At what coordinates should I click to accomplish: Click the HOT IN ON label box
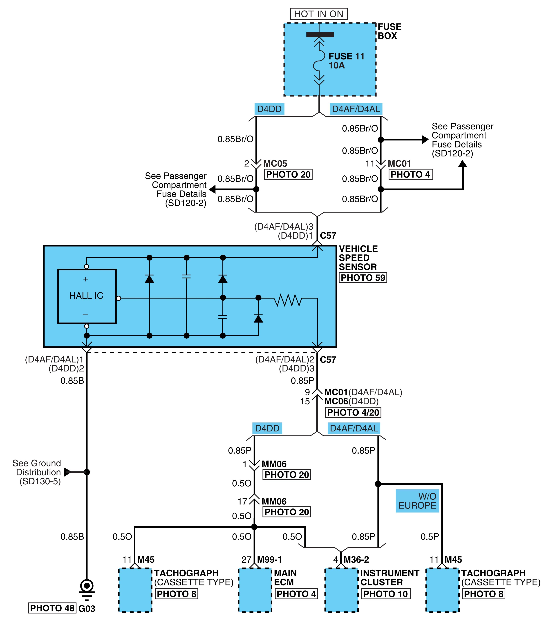point(318,14)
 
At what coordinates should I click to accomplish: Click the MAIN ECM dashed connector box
point(255,590)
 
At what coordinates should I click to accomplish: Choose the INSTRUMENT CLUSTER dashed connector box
point(342,590)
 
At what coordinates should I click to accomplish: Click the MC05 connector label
point(275,164)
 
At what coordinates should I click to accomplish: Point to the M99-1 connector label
point(269,560)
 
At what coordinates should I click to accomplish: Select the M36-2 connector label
point(356,560)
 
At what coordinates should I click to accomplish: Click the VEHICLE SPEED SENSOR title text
point(358,258)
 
